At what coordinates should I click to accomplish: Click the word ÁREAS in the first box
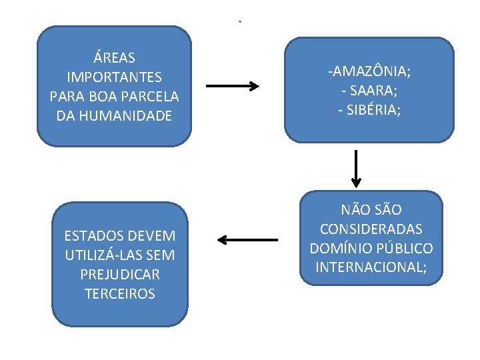[x=114, y=58]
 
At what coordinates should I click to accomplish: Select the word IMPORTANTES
[x=114, y=77]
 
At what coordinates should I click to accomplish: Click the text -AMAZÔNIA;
[x=369, y=71]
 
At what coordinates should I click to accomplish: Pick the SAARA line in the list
[x=369, y=90]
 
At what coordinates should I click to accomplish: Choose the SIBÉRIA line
[x=369, y=109]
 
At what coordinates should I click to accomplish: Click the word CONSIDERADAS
[x=371, y=229]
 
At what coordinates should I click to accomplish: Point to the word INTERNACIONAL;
[x=371, y=267]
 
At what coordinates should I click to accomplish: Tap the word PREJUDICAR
[x=120, y=274]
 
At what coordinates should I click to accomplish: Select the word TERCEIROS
[x=120, y=293]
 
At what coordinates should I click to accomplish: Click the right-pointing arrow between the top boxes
[x=232, y=86]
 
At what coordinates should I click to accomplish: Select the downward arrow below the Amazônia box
[x=357, y=168]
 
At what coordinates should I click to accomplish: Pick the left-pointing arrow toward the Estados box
[x=247, y=239]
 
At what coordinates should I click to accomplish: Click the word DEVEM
[x=152, y=235]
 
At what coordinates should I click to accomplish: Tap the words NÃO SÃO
[x=371, y=209]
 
